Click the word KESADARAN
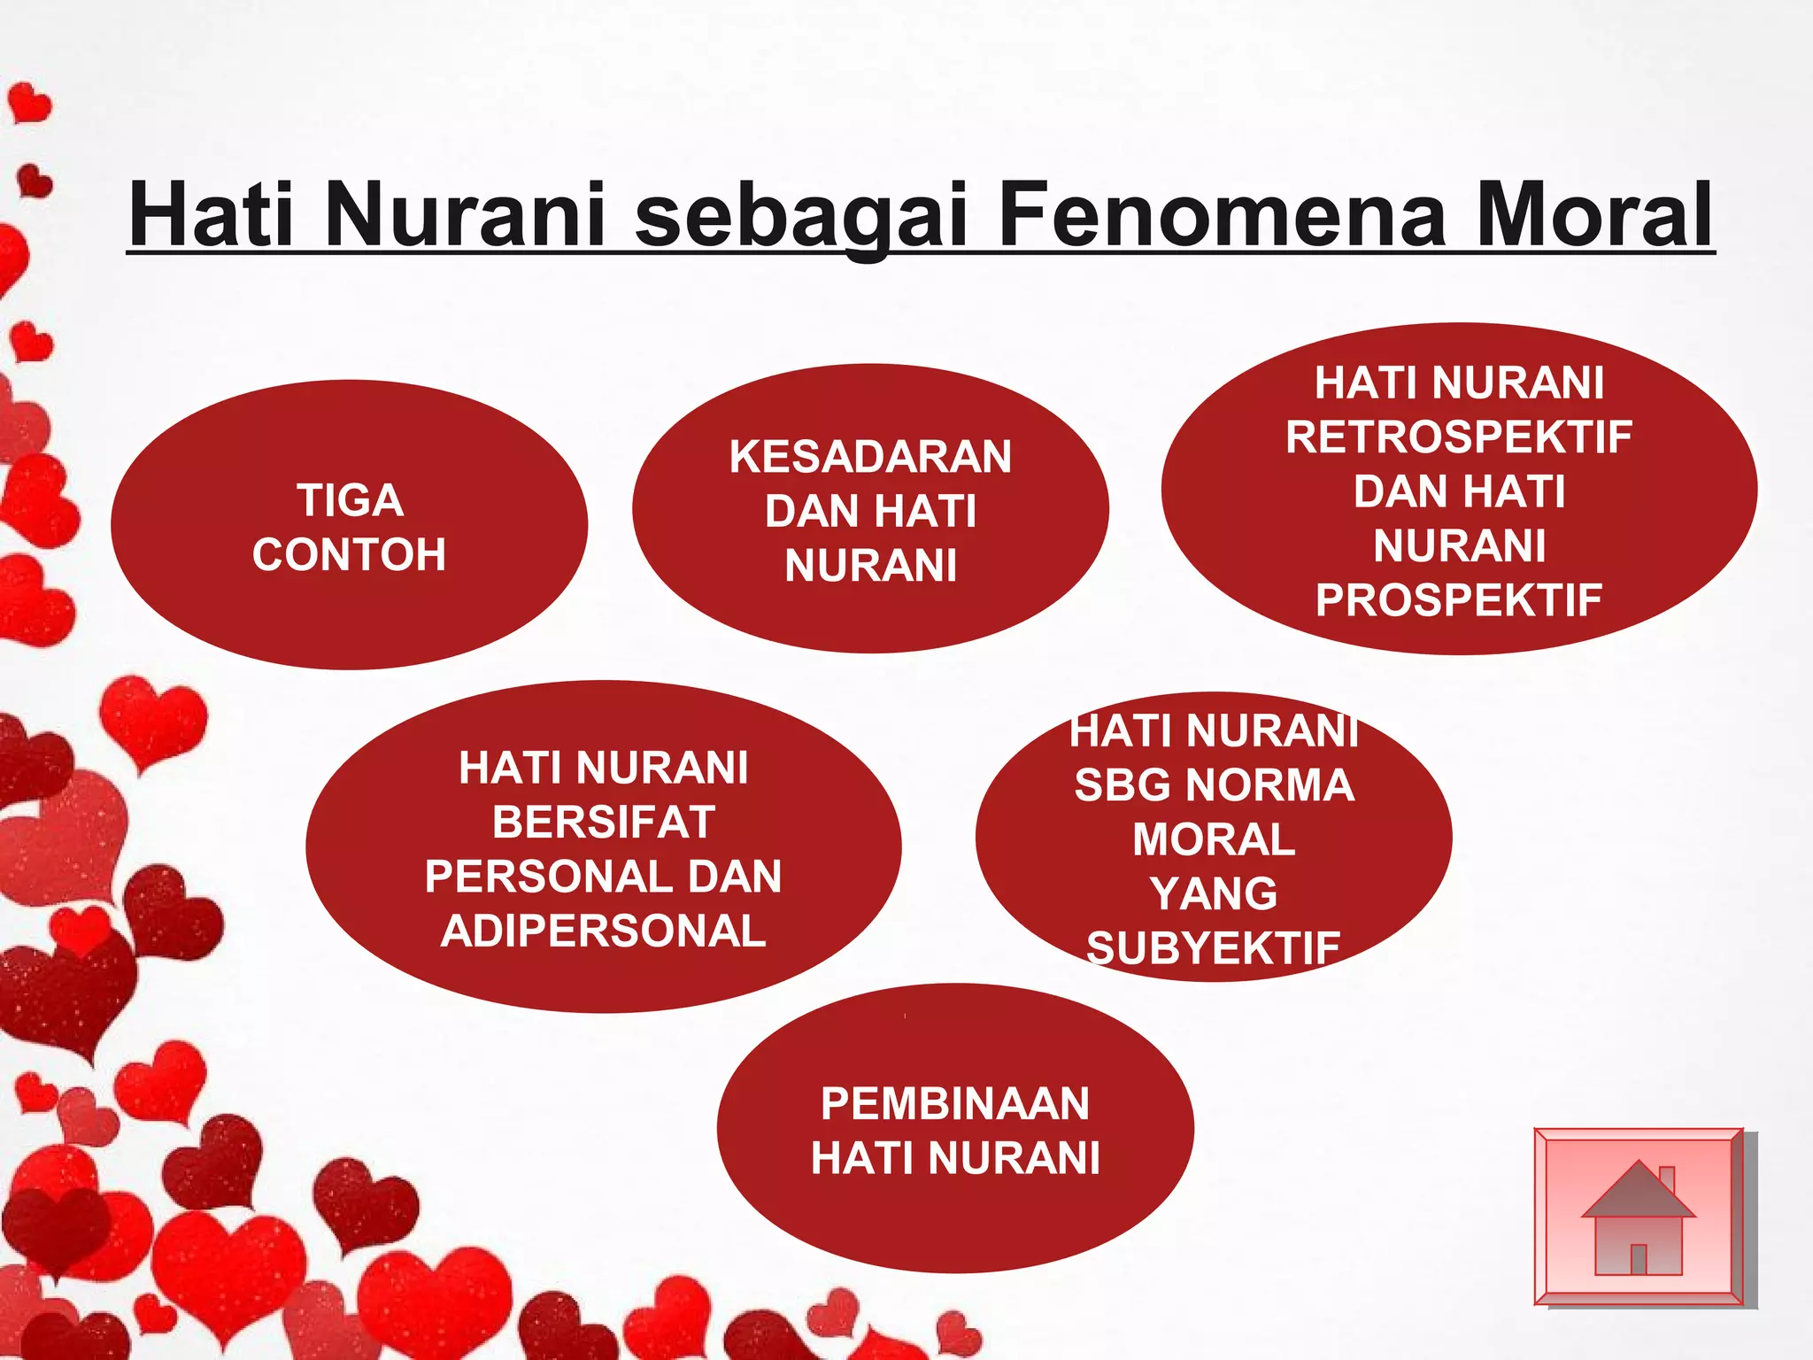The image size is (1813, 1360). pos(870,457)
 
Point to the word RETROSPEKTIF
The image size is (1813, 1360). pos(1459,437)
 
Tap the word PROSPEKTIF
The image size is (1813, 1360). pos(1459,600)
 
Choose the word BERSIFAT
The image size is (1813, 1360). pos(604,823)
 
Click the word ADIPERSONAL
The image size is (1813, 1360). pos(604,931)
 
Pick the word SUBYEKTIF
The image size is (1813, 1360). pos(1214,948)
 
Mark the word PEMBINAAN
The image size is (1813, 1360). pos(954,1104)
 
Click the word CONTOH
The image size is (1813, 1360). pos(349,555)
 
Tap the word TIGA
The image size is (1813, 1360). pos(350,500)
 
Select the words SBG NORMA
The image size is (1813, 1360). pos(1214,785)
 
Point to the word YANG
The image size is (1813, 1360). pos(1214,893)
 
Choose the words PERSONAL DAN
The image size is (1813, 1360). pos(604,877)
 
